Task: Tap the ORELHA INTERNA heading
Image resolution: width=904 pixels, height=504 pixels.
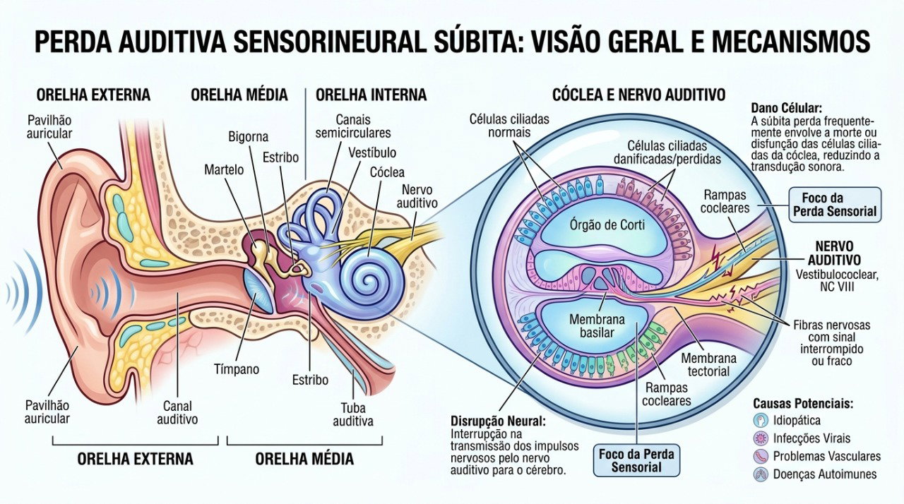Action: [371, 95]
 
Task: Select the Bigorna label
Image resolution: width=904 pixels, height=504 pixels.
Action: [248, 137]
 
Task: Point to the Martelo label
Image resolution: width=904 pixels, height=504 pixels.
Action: [224, 169]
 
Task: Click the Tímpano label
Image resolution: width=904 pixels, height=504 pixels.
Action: [237, 369]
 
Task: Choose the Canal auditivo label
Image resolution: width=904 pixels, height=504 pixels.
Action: [177, 412]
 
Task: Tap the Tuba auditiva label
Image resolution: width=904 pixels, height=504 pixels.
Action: [352, 414]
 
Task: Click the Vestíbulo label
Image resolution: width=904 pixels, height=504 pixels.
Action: [372, 152]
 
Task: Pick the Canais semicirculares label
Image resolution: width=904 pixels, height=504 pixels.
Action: [353, 126]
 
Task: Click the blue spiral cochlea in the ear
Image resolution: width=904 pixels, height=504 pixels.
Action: [369, 279]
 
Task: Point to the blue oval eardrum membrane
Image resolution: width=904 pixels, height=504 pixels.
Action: [258, 291]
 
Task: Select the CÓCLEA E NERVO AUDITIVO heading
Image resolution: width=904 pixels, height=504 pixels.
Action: [638, 95]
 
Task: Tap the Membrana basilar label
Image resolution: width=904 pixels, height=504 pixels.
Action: [597, 326]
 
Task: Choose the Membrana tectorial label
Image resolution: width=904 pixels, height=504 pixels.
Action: [708, 364]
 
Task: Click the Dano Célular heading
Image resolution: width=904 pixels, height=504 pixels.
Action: [787, 108]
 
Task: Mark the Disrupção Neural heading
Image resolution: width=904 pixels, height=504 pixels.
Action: [498, 421]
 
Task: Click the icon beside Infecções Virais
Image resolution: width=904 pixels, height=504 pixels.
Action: [761, 438]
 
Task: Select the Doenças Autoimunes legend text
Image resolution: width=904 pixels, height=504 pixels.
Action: [825, 474]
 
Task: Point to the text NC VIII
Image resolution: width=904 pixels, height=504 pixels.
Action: [837, 287]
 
